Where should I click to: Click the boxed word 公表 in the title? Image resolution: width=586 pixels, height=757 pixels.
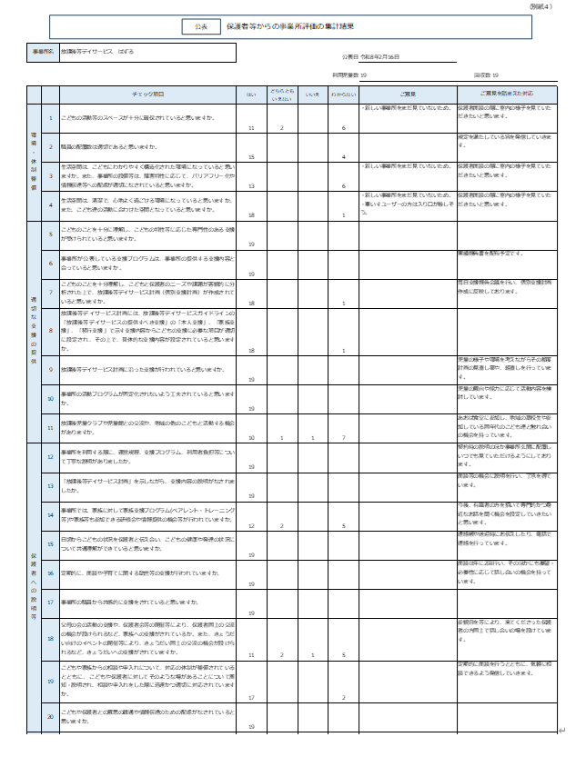pyautogui.click(x=201, y=26)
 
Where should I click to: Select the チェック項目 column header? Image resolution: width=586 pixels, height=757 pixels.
pyautogui.click(x=147, y=94)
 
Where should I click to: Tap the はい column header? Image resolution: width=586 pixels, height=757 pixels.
pyautogui.click(x=250, y=94)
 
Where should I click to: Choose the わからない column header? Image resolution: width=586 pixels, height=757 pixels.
pyautogui.click(x=342, y=94)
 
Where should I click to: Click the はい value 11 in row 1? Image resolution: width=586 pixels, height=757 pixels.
pyautogui.click(x=250, y=128)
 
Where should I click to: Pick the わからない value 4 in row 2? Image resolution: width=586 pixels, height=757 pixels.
pyautogui.click(x=342, y=156)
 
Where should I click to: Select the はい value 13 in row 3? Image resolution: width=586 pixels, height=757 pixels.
pyautogui.click(x=250, y=185)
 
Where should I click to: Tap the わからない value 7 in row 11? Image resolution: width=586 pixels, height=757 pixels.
pyautogui.click(x=342, y=438)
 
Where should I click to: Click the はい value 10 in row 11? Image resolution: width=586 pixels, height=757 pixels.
pyautogui.click(x=250, y=438)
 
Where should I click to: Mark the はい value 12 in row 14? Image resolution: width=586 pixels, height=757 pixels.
pyautogui.click(x=250, y=525)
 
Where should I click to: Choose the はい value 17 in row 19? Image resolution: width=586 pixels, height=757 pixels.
pyautogui.click(x=250, y=697)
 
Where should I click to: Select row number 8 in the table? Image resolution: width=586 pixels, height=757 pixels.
pyautogui.click(x=51, y=332)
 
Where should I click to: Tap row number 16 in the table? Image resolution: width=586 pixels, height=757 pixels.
pyautogui.click(x=51, y=574)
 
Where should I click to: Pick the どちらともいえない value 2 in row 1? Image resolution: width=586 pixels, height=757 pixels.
pyautogui.click(x=282, y=128)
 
